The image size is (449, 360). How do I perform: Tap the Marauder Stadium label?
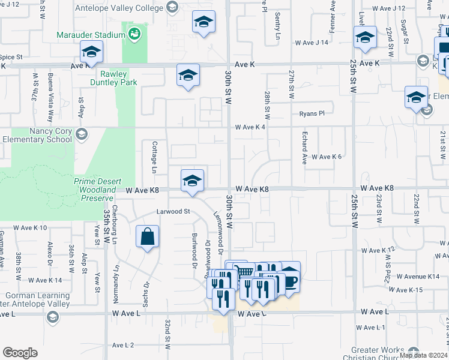pos(91,35)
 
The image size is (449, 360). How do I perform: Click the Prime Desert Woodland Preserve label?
pos(94,190)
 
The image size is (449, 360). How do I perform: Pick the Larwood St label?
pos(173,212)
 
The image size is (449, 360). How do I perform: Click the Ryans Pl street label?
pos(312,113)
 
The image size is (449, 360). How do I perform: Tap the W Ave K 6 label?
pos(326,157)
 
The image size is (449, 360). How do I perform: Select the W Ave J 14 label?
pos(312,43)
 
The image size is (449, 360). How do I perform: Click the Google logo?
pos(20,353)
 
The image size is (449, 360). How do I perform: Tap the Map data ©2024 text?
pos(423,355)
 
